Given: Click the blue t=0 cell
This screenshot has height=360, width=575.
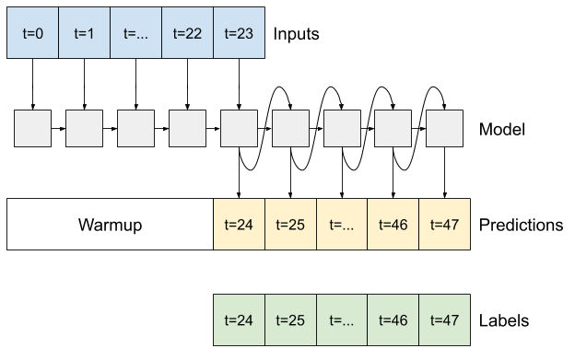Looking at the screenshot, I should (33, 33).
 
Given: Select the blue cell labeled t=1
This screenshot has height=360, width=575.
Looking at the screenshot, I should (84, 33).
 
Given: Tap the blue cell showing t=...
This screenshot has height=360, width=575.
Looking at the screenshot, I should (135, 33).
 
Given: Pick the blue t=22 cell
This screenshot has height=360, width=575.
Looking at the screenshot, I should (187, 33).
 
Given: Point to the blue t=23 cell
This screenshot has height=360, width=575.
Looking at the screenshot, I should (239, 33).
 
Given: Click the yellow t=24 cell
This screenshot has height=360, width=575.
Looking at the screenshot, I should (239, 224).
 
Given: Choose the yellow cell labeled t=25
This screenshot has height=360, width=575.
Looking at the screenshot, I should (290, 224).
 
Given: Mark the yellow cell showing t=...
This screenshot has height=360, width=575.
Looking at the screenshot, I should (342, 224).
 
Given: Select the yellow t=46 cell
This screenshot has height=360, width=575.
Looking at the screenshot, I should (393, 224).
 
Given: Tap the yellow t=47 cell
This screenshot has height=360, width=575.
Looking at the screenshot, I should (444, 224).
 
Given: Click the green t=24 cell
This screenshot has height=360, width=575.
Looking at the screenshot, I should (239, 319).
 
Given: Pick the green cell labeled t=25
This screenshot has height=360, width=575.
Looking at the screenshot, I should (290, 319).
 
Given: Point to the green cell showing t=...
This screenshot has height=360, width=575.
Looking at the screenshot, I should (342, 319).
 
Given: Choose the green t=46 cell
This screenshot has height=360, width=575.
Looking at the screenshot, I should (393, 319).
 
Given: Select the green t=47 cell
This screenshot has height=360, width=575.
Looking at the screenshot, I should (444, 319).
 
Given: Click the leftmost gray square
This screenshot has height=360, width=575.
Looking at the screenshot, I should (32, 128).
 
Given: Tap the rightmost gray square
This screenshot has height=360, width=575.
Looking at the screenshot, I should (444, 128).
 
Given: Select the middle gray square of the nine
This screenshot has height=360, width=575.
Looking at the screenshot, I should (239, 128).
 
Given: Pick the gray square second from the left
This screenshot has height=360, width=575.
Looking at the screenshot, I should (84, 128).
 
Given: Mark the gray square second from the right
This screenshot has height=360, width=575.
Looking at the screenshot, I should (393, 128).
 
